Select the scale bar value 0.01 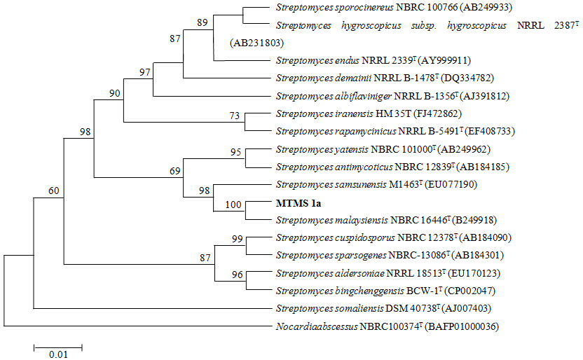tap(58, 354)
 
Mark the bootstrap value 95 tap(233, 151)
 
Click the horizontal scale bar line tap(58, 346)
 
